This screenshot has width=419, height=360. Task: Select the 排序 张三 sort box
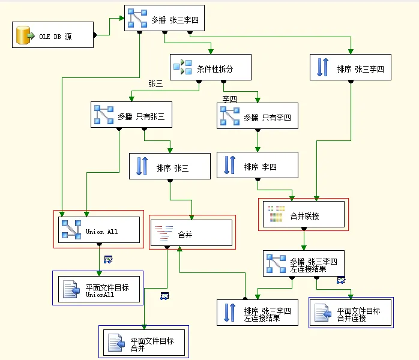(x=170, y=167)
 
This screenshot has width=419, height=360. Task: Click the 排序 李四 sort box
(x=258, y=166)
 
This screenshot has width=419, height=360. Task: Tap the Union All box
(x=99, y=230)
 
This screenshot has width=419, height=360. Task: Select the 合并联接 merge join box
(x=303, y=214)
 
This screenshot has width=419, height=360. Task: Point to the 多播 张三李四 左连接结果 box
(x=304, y=263)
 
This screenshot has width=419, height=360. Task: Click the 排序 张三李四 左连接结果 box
(x=258, y=313)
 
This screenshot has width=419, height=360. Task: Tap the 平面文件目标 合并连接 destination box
(x=351, y=313)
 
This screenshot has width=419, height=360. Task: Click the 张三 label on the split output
(x=155, y=84)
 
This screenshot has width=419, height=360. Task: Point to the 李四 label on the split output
(x=229, y=98)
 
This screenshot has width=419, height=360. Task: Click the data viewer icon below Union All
(x=108, y=259)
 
